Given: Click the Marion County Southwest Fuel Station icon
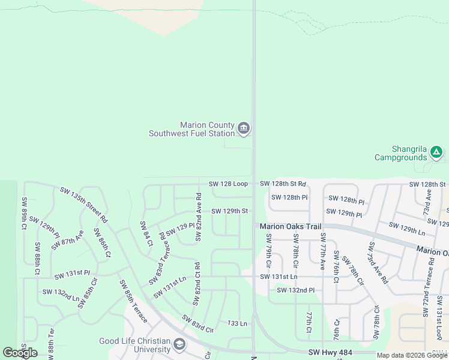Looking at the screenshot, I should [244, 128].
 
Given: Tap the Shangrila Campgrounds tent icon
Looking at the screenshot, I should [436, 152].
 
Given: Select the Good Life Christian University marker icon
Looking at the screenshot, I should [179, 344].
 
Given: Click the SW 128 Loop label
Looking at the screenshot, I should [228, 184].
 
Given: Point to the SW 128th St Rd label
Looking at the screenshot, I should [283, 184].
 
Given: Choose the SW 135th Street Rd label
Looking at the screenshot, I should [83, 205].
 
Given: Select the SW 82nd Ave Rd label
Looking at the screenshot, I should [197, 217].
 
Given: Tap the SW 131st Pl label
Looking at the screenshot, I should [72, 275].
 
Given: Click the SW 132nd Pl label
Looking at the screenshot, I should [296, 290].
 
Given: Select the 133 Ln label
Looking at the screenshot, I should [237, 323].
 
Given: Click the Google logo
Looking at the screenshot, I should [20, 353].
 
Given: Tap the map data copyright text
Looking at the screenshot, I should [412, 355].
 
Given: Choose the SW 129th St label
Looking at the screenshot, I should [229, 211].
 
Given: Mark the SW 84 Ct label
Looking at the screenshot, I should [146, 233].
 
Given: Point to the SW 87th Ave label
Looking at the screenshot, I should [67, 240].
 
